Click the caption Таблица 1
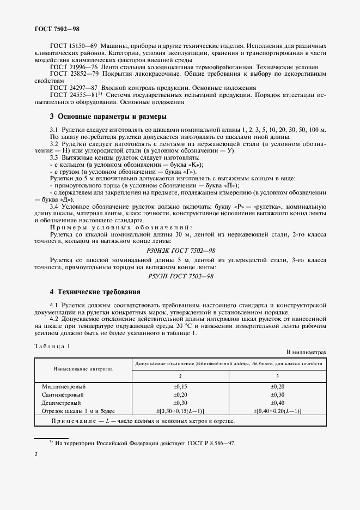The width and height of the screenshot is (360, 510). point(52,346)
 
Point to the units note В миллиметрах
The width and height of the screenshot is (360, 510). point(307,353)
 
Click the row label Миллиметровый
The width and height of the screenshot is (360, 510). point(60,386)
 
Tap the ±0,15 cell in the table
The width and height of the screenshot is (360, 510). point(180,386)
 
